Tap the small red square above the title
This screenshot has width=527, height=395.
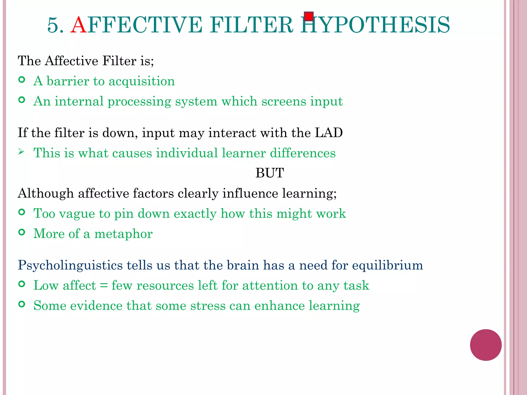pyautogui.click(x=309, y=16)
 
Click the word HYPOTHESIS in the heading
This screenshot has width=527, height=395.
pyautogui.click(x=375, y=25)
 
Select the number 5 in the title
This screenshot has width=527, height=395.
pyautogui.click(x=53, y=25)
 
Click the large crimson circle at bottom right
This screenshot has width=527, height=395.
pyautogui.click(x=486, y=345)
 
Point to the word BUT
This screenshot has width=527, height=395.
pyautogui.click(x=269, y=173)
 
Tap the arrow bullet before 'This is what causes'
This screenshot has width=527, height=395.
pyautogui.click(x=21, y=152)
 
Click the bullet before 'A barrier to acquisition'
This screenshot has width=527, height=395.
pyautogui.click(x=22, y=80)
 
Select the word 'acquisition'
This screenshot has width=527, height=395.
pyautogui.click(x=142, y=81)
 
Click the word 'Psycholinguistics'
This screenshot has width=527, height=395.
pyautogui.click(x=70, y=265)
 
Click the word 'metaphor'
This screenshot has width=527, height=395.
pyautogui.click(x=124, y=234)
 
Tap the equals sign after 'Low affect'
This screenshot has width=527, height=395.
pyautogui.click(x=104, y=285)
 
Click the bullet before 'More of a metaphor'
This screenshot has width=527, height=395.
pyautogui.click(x=22, y=232)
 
